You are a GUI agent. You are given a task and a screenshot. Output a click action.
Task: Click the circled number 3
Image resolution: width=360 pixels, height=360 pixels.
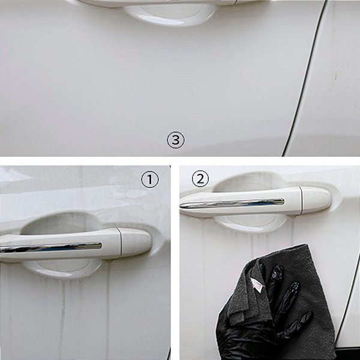pos(175,140)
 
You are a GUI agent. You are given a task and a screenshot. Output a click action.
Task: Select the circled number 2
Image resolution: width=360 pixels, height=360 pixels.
pos(200,179)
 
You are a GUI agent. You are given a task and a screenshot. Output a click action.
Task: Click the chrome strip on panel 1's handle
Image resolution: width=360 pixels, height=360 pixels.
pos(51,247)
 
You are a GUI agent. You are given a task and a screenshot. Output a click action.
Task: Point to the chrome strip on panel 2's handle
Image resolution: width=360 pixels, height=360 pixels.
pos(232,203)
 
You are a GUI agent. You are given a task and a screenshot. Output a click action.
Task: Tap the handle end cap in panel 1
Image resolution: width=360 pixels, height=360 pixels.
pos(136,242)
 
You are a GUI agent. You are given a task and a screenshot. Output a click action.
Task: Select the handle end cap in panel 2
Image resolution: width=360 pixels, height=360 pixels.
pos(316,200)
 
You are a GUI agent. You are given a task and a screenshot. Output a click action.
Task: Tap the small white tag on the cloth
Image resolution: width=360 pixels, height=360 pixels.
pos(257,284)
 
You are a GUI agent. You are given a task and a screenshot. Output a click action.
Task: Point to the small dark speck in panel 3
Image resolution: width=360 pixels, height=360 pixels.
pos(335,76)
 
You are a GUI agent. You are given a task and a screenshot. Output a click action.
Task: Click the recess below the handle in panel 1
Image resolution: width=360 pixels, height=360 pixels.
pos(62,269)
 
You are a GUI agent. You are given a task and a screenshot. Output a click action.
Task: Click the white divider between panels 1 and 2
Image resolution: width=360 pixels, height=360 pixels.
pos(175,263)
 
